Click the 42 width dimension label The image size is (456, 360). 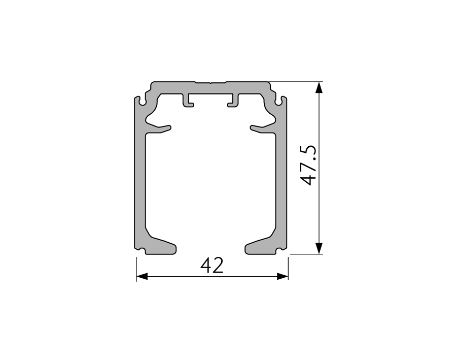[x=212, y=266]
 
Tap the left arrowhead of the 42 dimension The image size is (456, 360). [x=142, y=277]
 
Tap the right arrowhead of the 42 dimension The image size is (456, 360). [x=283, y=277]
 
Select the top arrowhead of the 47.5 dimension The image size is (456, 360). [x=319, y=87]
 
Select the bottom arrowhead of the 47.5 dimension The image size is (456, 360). [x=319, y=248]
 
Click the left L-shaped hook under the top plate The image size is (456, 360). [x=188, y=101]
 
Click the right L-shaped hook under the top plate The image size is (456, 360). [x=233, y=101]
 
